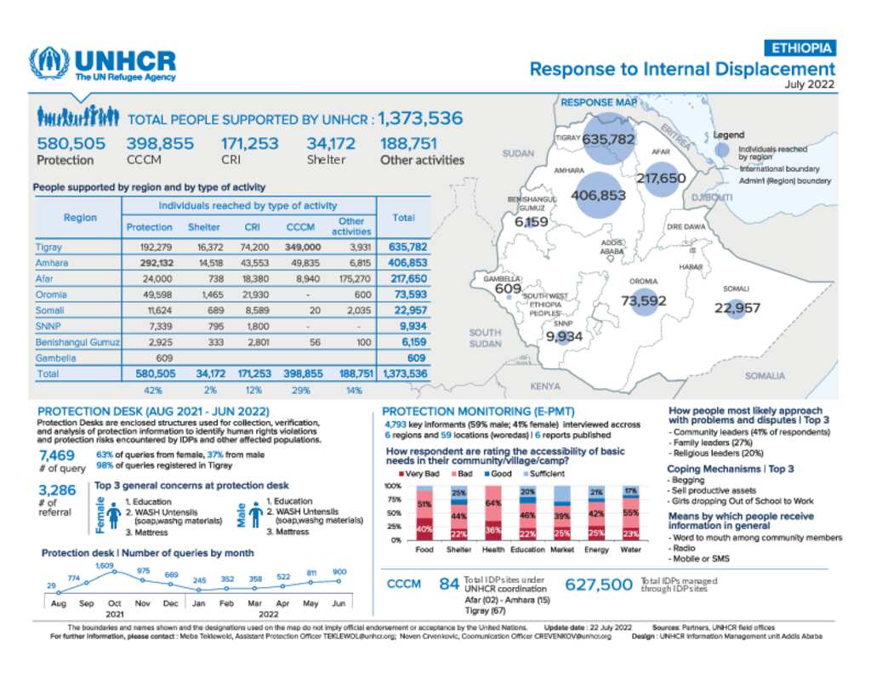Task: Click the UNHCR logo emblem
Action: coord(49,64)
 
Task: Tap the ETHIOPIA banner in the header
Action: coord(800,48)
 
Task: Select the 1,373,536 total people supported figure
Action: coord(420,118)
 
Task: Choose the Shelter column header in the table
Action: coord(204,227)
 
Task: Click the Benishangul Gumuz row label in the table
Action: coord(77,342)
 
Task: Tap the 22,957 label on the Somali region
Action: coord(737,308)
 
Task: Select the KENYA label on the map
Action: coord(545,385)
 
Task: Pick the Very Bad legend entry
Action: coord(420,472)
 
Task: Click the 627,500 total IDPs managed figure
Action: coord(601,585)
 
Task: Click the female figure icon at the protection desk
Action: coord(114,518)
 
